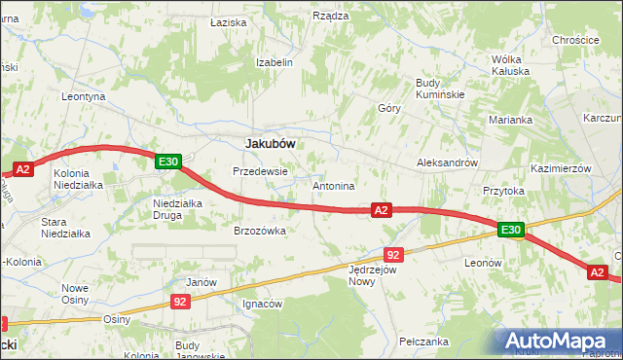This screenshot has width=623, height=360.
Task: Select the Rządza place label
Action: (331, 16)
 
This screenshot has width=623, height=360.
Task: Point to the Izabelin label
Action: (274, 61)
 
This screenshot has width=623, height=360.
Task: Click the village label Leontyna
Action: (83, 97)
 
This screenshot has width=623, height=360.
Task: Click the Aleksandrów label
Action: (447, 162)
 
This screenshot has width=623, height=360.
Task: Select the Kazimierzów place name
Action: (562, 168)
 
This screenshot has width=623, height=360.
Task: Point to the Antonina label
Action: (333, 185)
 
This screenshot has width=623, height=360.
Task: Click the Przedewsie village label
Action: (260, 171)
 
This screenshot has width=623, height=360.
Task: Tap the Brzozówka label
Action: (259, 231)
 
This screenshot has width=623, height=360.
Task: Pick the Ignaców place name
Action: (262, 304)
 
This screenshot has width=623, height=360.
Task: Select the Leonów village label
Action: (483, 263)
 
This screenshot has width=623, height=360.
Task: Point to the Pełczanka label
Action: (423, 342)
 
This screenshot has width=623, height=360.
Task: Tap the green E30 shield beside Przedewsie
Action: (167, 162)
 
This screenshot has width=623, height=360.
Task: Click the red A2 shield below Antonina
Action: (381, 209)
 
